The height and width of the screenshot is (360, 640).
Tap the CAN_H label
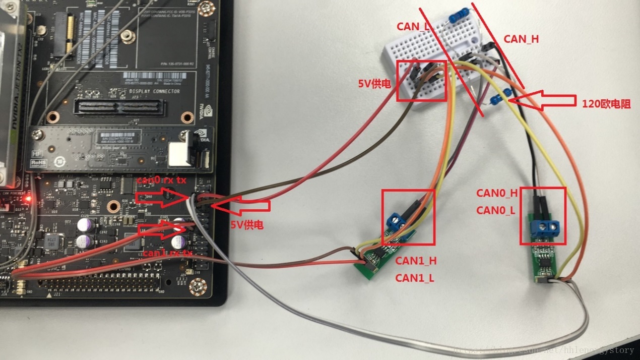[x=521, y=39]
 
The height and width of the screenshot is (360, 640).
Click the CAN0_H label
[x=497, y=193]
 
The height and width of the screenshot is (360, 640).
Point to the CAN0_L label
[x=496, y=210]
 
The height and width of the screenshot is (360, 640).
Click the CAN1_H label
[x=415, y=261]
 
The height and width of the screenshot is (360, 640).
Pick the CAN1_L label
[x=414, y=277]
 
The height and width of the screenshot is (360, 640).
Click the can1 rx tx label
[x=167, y=253]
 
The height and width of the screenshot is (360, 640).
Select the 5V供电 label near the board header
[x=247, y=225]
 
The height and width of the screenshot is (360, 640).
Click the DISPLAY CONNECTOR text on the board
[x=148, y=91]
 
